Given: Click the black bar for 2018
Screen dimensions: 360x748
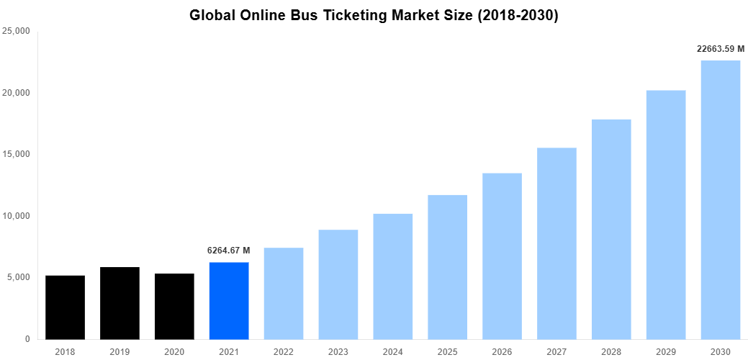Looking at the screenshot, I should [x=65, y=307].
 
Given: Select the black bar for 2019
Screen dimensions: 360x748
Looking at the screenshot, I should [x=120, y=303].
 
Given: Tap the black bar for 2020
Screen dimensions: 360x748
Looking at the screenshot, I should [x=174, y=307].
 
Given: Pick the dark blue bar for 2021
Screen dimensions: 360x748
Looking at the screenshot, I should [x=229, y=301].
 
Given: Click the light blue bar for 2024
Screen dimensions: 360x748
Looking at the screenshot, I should [x=392, y=276].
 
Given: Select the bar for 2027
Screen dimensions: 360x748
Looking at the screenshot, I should [x=557, y=243].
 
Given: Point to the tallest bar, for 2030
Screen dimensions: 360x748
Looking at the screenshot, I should [x=721, y=200].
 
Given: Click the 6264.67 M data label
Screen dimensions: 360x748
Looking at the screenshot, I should [x=229, y=251].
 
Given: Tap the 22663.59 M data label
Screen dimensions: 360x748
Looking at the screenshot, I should [x=721, y=49].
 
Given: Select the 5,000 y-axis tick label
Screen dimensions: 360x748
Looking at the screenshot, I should [x=18, y=277].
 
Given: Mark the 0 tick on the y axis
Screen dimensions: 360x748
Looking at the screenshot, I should [x=27, y=339].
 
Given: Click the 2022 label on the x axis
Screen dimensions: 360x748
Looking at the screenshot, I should [x=284, y=351].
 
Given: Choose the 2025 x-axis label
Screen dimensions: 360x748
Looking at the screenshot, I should [x=447, y=351].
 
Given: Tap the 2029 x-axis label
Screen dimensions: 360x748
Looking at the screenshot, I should [x=666, y=351].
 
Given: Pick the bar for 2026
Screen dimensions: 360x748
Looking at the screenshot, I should [x=502, y=256].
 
